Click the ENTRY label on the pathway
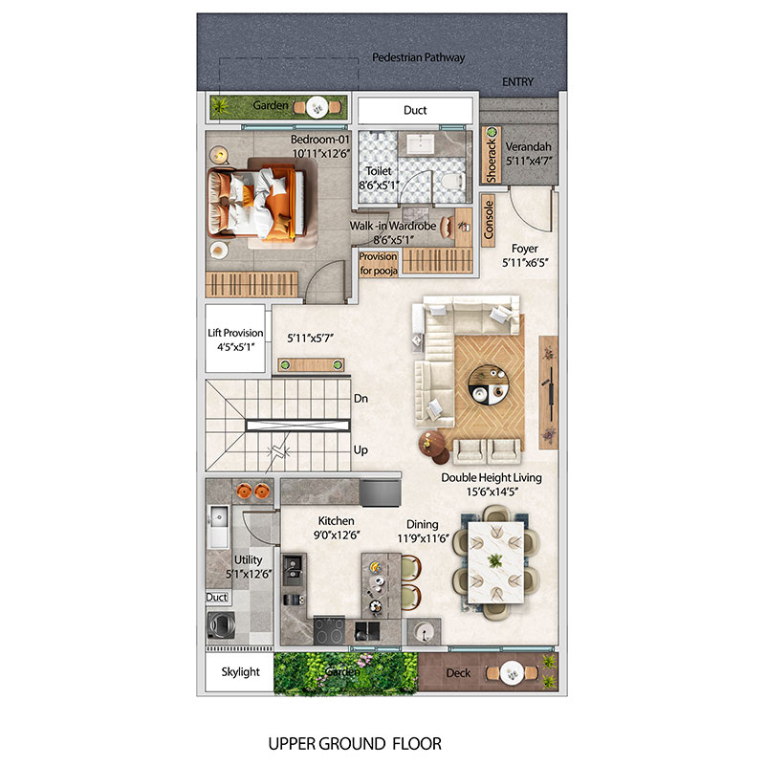point(517,82)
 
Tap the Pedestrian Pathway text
point(418,57)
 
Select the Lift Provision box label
point(235,333)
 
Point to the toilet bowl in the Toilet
point(452,182)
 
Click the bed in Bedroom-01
point(256,203)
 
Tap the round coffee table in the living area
point(489,385)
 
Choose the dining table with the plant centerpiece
point(495,562)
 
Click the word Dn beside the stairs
point(361,399)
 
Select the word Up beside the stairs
point(361,449)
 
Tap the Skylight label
point(241,672)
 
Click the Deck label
point(458,673)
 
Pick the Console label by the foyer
point(489,220)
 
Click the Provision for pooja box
point(378,264)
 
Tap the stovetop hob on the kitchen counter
point(329,630)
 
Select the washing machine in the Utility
point(222,624)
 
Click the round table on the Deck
point(512,673)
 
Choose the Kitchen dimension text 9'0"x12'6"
point(337,535)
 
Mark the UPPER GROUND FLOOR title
point(355,744)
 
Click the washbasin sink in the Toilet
point(420,144)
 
